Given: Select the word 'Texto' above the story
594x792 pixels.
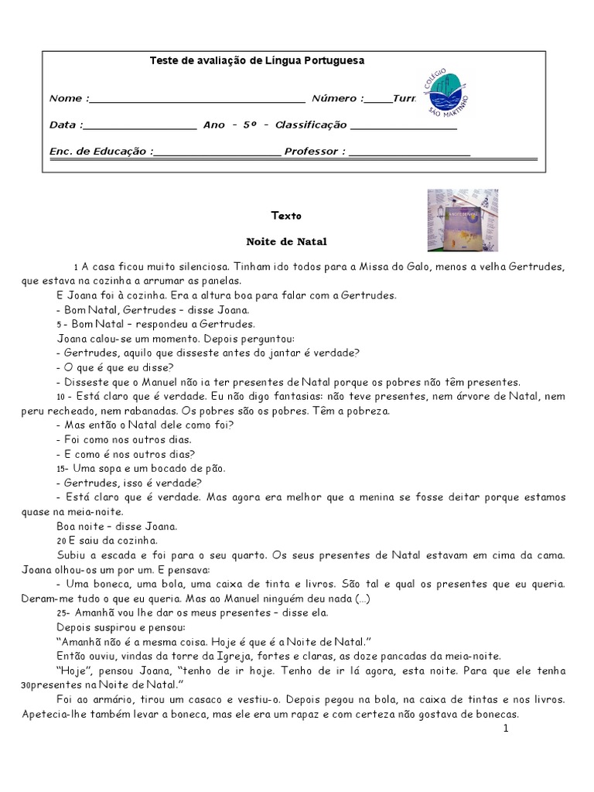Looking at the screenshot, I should pyautogui.click(x=286, y=216).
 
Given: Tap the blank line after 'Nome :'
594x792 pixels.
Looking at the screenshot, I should pyautogui.click(x=197, y=100).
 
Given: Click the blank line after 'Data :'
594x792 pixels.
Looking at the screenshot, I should pyautogui.click(x=139, y=126).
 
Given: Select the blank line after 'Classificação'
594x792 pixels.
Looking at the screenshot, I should pyautogui.click(x=403, y=126).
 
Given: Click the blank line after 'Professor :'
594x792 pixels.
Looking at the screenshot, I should pyautogui.click(x=409, y=152).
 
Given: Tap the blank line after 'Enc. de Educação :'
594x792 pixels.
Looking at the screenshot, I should pyautogui.click(x=217, y=152).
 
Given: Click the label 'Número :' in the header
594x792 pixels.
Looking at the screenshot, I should pyautogui.click(x=337, y=99).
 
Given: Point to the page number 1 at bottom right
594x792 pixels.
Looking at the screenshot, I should pyautogui.click(x=505, y=729).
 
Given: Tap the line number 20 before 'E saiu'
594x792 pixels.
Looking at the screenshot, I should pyautogui.click(x=61, y=541).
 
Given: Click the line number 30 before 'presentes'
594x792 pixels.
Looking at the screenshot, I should pyautogui.click(x=26, y=685).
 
